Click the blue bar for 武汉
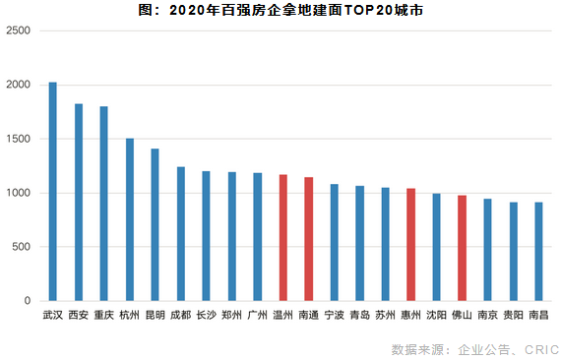click(x=53, y=191)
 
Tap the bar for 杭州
click(x=129, y=219)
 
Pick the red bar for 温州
click(x=282, y=237)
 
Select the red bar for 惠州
click(x=410, y=244)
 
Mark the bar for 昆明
click(x=155, y=224)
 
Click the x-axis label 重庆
click(x=104, y=316)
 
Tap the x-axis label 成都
click(x=180, y=316)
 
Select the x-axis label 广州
click(x=257, y=316)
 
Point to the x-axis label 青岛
click(x=359, y=316)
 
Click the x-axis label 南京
click(x=487, y=316)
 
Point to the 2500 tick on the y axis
click(x=20, y=30)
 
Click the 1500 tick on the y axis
click(x=20, y=139)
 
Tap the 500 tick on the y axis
click(x=23, y=247)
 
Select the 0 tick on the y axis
click(x=30, y=301)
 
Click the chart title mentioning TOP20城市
click(x=280, y=11)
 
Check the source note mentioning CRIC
click(x=475, y=349)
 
